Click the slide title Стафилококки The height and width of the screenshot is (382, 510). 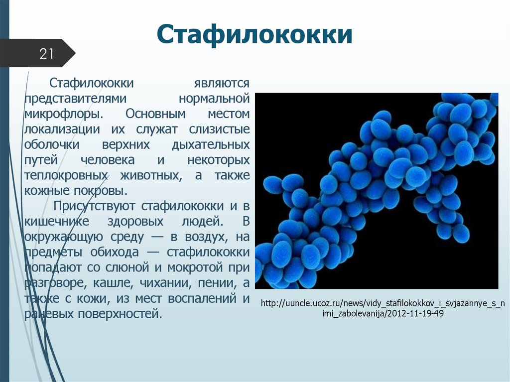pos(255,36)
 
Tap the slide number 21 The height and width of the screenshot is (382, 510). pos(46,54)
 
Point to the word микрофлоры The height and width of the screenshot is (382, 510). pos(63,114)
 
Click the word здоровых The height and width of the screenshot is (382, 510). pos(137,222)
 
